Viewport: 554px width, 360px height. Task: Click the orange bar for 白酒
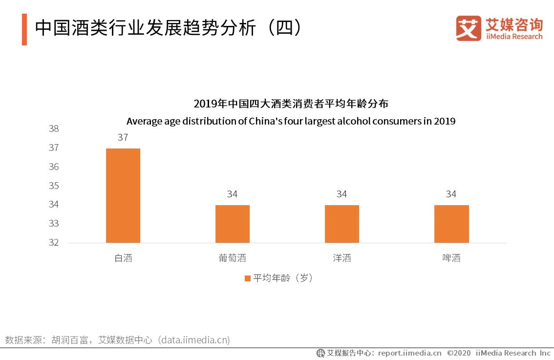click(123, 195)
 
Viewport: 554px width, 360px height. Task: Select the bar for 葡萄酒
click(233, 224)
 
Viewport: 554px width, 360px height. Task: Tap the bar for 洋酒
click(342, 224)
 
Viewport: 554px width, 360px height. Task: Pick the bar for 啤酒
click(451, 224)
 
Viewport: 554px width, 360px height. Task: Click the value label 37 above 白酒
click(123, 138)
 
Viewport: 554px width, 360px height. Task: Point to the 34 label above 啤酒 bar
click(451, 194)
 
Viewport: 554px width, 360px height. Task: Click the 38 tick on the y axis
click(54, 129)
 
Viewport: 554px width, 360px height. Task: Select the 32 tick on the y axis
click(54, 242)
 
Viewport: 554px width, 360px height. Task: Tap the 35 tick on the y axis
click(54, 186)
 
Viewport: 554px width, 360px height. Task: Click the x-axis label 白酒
click(123, 258)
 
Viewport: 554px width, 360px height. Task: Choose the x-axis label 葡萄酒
click(233, 258)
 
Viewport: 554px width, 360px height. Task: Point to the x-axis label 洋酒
click(342, 258)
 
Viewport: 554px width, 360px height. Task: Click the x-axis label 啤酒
click(451, 258)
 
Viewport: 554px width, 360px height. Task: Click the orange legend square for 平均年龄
click(247, 278)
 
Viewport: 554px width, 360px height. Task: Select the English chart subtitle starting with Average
click(291, 121)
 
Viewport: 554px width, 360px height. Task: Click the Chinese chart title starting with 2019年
click(291, 104)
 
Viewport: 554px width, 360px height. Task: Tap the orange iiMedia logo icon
click(469, 28)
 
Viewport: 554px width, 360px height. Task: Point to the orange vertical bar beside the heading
click(24, 29)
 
